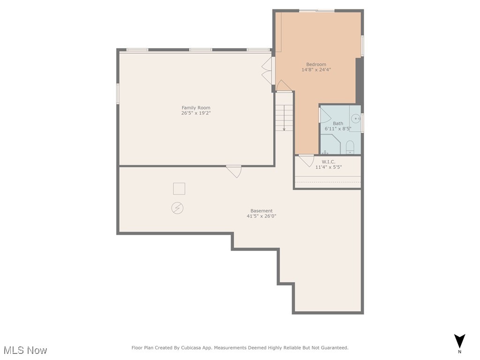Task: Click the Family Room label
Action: [196, 108]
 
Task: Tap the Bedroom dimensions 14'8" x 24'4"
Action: [316, 70]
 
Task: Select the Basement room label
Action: [261, 211]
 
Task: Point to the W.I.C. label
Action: [328, 162]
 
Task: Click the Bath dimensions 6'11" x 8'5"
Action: [337, 128]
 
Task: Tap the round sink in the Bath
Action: [356, 119]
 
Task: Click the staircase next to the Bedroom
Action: [284, 117]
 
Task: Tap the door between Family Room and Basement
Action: [234, 171]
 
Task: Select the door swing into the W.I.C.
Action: [306, 160]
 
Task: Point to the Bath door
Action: [324, 116]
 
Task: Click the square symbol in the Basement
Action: [179, 188]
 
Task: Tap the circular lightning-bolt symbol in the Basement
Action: [177, 208]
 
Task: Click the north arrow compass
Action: [460, 342]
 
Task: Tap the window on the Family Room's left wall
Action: [118, 93]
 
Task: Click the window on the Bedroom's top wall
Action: [317, 10]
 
